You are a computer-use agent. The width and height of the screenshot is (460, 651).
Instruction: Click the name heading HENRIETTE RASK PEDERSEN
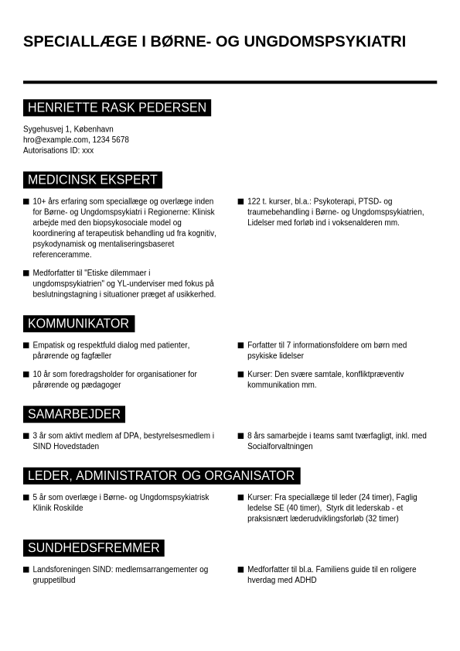(117, 108)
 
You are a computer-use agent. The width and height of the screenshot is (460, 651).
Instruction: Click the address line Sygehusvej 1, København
(68, 129)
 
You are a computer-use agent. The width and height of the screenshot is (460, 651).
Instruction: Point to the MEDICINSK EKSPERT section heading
(93, 180)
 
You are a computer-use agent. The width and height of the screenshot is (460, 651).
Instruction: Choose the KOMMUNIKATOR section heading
(78, 324)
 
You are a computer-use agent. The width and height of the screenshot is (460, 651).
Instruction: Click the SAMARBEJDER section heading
(74, 414)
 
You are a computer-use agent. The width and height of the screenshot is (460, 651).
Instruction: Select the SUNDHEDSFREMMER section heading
(94, 548)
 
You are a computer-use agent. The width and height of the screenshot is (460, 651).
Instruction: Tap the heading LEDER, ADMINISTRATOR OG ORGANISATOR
(161, 475)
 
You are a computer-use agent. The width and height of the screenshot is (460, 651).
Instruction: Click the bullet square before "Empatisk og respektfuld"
(26, 345)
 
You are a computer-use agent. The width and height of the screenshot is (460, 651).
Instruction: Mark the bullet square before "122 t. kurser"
(241, 201)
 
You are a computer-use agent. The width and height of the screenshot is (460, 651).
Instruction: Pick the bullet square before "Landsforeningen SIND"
(26, 570)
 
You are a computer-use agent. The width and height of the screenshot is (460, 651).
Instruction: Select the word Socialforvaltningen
(280, 447)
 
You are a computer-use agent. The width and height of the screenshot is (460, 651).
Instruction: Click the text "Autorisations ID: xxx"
(59, 151)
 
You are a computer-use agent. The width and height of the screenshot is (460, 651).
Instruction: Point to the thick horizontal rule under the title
(230, 81)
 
